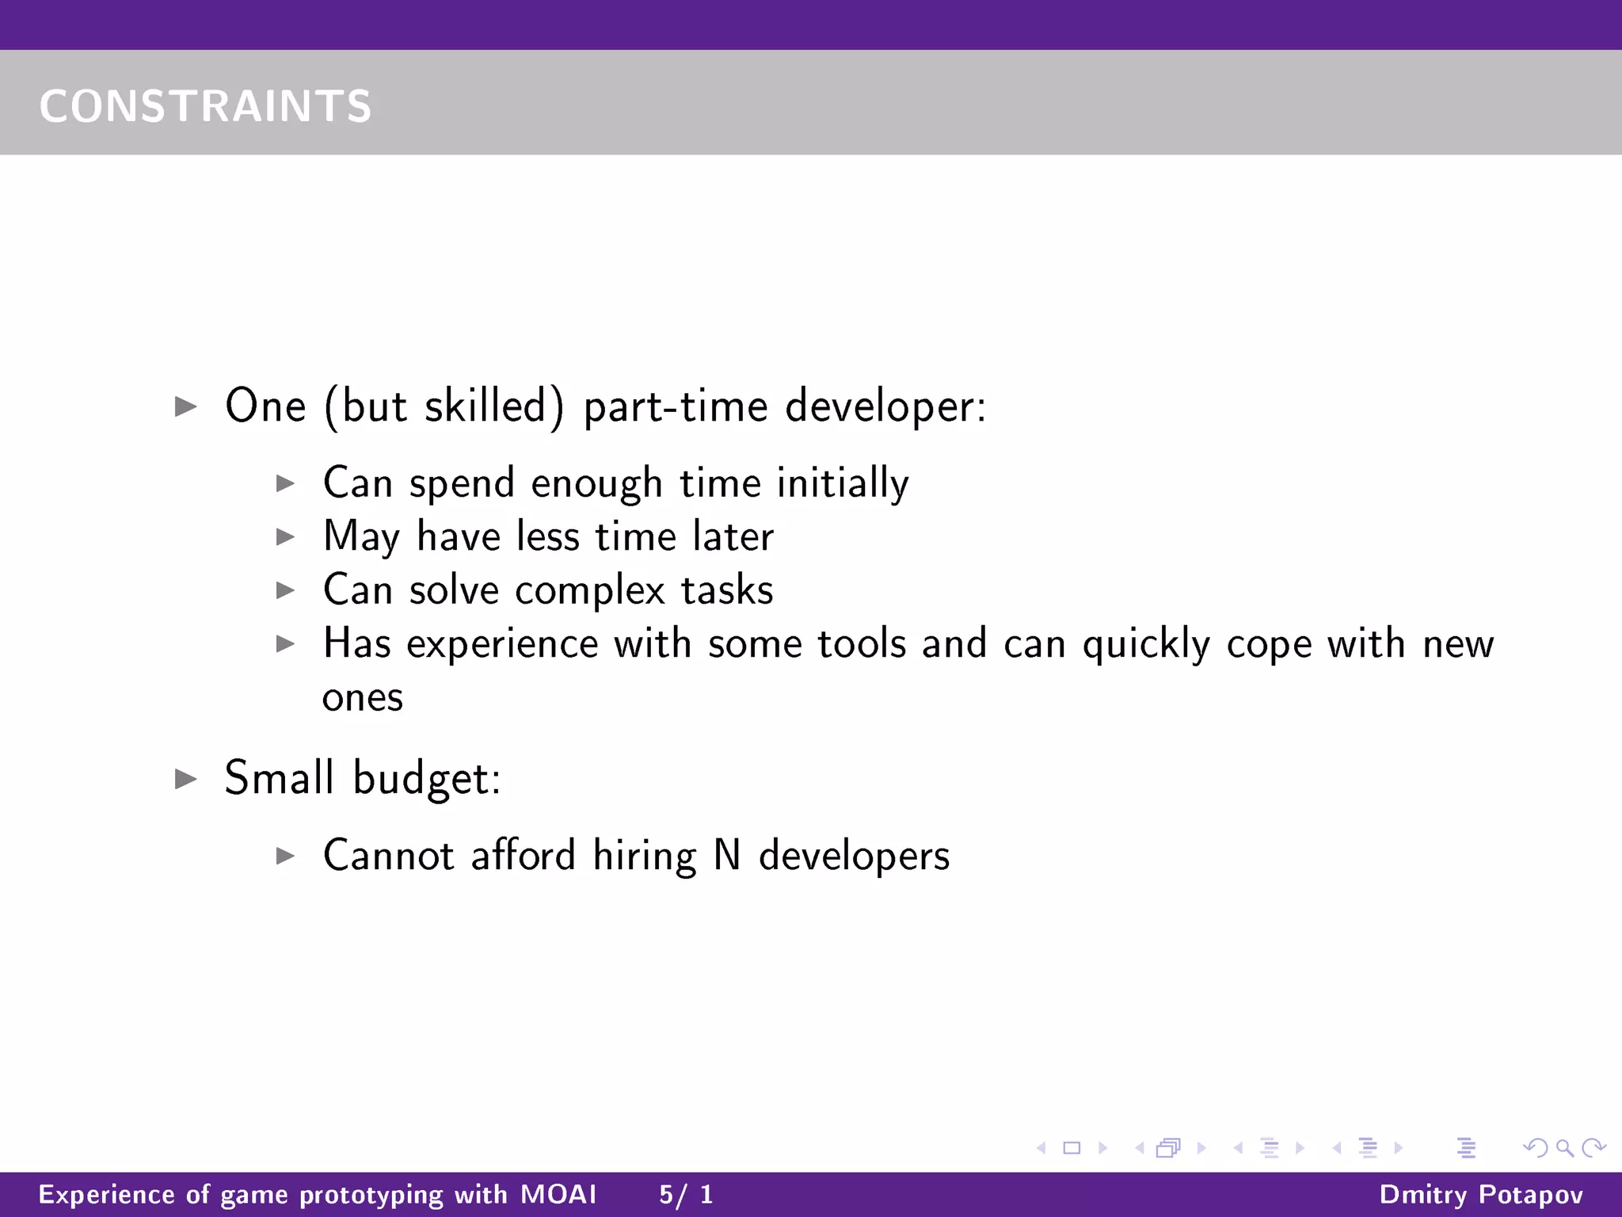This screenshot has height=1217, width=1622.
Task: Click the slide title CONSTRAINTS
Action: point(205,106)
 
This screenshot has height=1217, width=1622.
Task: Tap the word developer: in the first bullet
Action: point(885,406)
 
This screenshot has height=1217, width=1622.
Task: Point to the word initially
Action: point(843,483)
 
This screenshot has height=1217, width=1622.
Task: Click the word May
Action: point(362,537)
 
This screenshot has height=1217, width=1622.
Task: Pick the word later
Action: point(733,536)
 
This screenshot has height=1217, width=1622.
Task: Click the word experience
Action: point(502,644)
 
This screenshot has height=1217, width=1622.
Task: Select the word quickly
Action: point(1146,644)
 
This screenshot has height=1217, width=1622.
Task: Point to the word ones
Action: point(363,698)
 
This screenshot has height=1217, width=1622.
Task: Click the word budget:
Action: point(427,778)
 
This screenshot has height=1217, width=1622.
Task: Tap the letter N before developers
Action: point(727,856)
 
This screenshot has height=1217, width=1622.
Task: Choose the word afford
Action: point(523,856)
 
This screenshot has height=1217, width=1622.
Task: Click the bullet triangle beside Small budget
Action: point(186,779)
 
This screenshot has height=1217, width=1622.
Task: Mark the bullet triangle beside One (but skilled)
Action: point(186,407)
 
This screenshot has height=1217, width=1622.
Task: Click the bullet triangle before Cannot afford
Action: point(285,856)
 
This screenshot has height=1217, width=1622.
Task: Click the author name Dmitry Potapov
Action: point(1481,1194)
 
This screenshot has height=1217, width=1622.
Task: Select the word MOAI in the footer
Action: point(558,1194)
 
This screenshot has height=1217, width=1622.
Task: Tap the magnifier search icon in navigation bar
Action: point(1564,1147)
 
